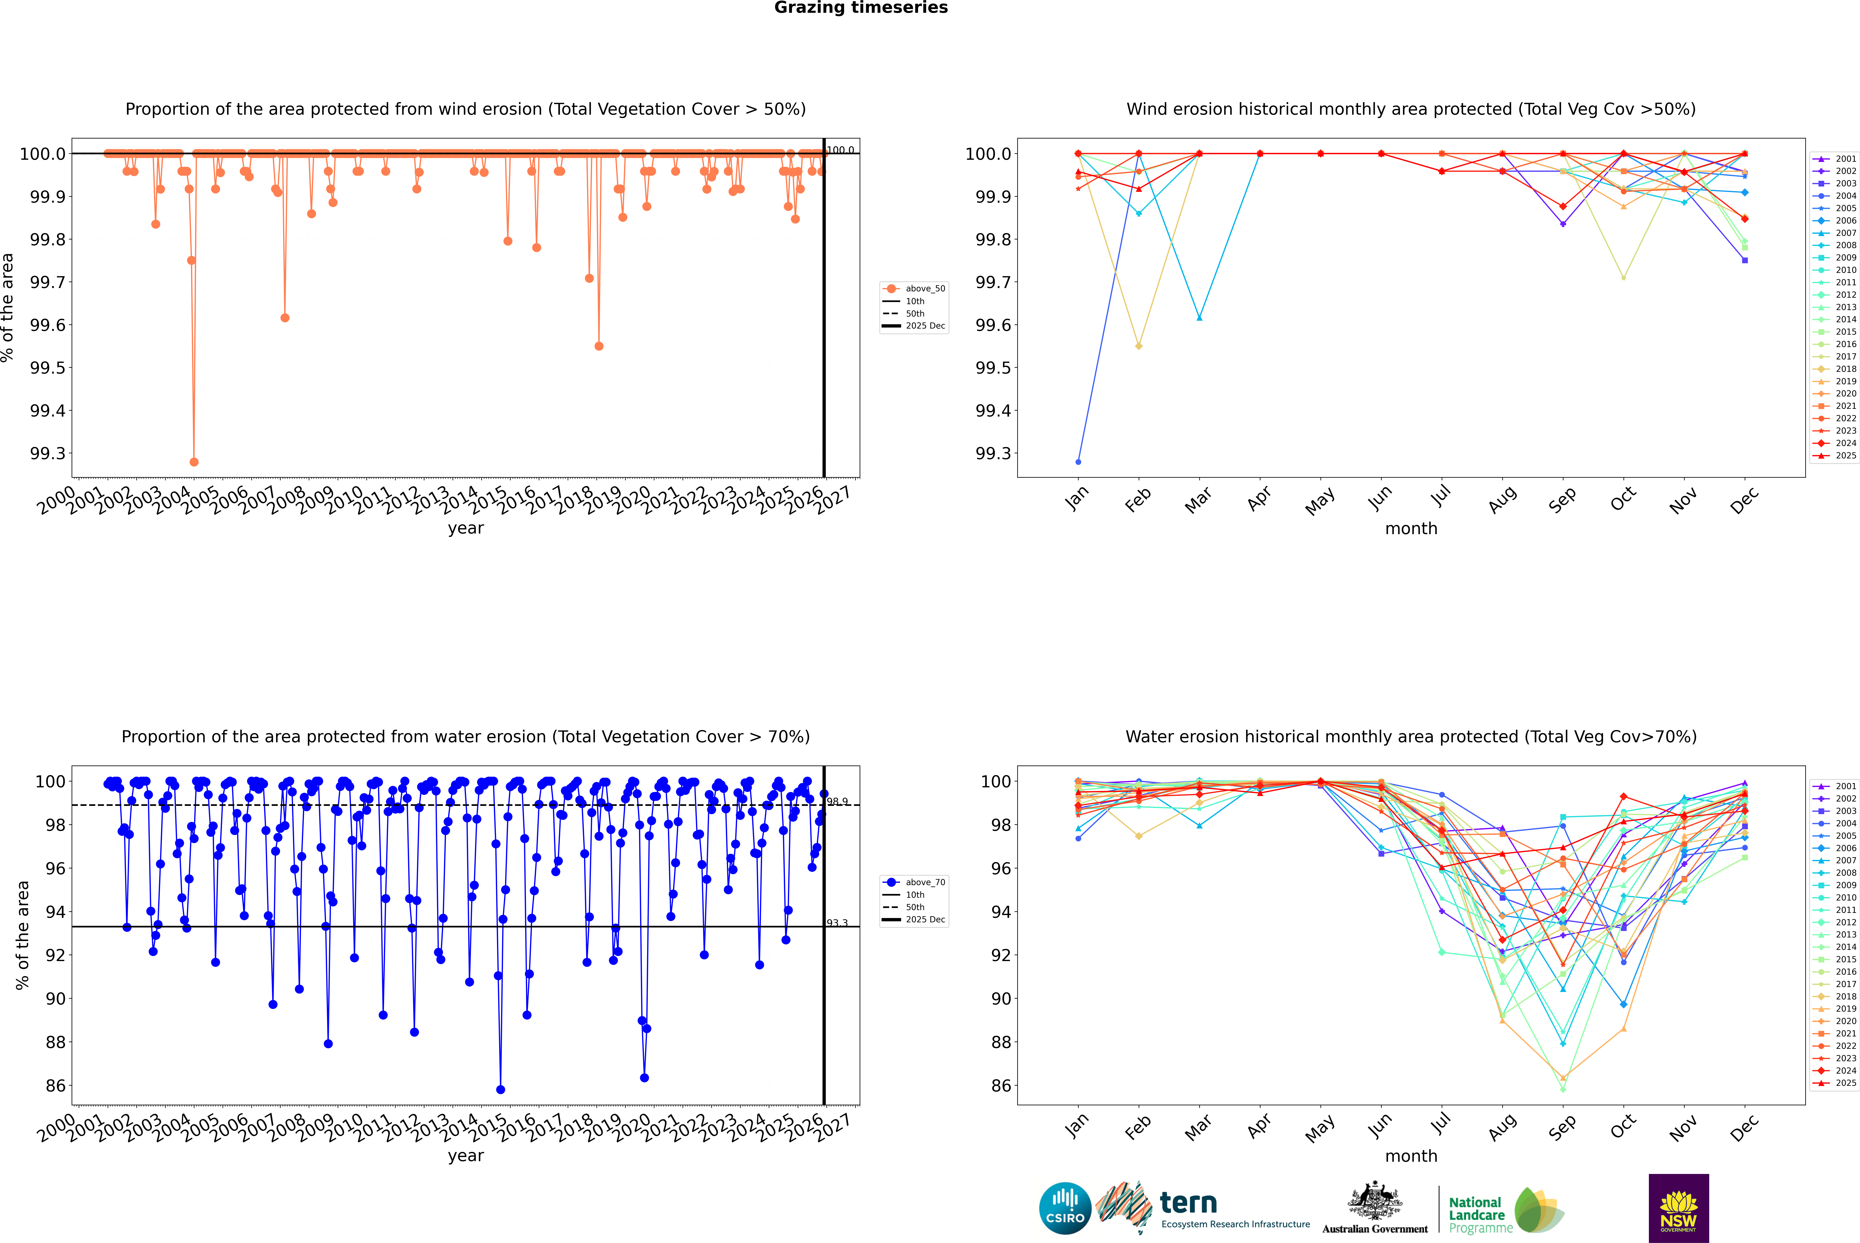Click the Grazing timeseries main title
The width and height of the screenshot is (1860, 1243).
(x=861, y=8)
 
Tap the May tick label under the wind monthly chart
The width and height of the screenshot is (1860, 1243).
(x=1320, y=501)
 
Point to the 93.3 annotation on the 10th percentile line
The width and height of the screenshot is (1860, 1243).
(x=837, y=923)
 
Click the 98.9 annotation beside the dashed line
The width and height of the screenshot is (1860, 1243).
(x=837, y=802)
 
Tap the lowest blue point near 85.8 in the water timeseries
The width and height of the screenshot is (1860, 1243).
(x=500, y=1089)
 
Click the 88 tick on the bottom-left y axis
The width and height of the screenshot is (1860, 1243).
(x=55, y=1043)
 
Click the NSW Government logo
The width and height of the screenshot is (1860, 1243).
(x=1678, y=1208)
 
